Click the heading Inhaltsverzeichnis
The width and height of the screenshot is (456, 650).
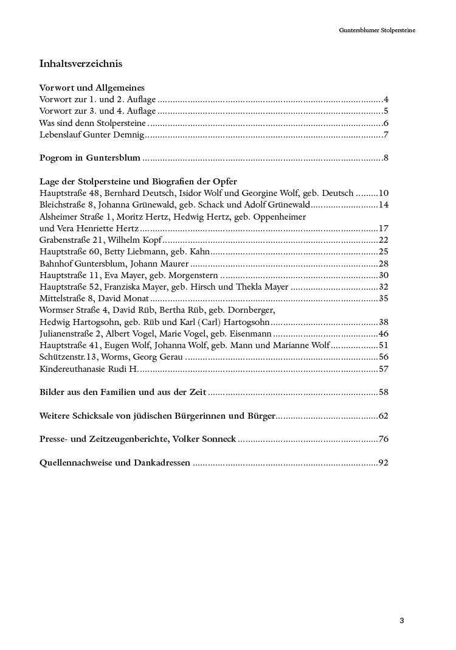tap(80, 63)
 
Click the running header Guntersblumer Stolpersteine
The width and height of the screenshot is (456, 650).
tap(377, 29)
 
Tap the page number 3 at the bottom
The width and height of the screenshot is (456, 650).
tap(402, 621)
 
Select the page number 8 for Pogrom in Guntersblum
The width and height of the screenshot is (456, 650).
tap(385, 158)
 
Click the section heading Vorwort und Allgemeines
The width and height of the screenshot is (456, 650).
tap(91, 88)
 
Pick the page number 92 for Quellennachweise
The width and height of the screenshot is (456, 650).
tap(383, 463)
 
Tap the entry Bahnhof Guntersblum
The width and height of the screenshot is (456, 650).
tap(80, 264)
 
